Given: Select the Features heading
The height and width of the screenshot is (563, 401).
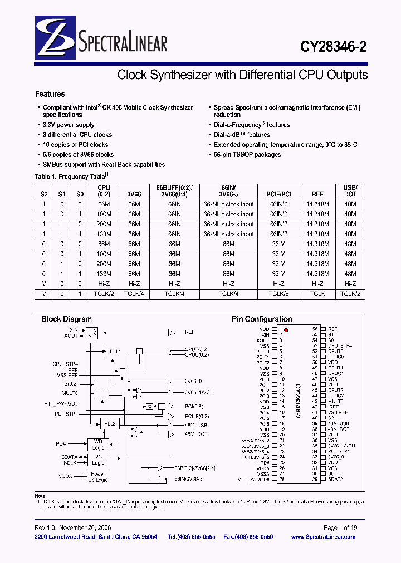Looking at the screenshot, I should click(50, 94).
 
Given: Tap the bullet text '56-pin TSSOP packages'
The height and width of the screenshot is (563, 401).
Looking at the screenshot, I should click(247, 155).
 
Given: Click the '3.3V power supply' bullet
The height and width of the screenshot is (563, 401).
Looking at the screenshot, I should click(69, 125).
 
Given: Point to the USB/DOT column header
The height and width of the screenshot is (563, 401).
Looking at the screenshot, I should click(350, 191).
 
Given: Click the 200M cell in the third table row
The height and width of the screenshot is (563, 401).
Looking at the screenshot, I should click(104, 224).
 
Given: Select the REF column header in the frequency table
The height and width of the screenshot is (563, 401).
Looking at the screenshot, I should click(317, 194).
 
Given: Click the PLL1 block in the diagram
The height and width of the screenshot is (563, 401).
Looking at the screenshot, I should click(115, 352).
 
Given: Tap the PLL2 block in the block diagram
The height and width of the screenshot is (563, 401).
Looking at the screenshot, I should click(109, 423).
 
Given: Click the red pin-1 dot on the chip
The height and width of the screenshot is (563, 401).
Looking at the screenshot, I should click(286, 330).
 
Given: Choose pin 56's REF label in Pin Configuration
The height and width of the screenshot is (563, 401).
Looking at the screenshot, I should click(332, 329).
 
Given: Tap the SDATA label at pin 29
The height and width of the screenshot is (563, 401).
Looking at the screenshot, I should click(335, 479).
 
